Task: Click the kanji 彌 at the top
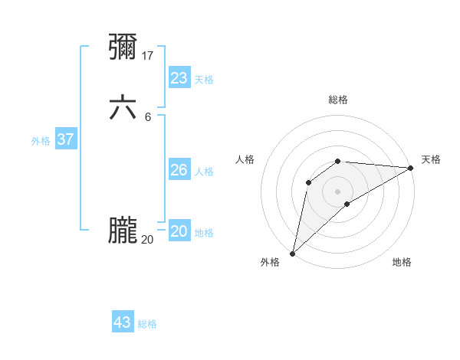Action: tap(123, 47)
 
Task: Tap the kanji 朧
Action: tap(123, 231)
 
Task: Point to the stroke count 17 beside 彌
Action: tap(148, 55)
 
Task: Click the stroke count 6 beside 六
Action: tap(148, 116)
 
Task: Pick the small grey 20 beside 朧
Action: tap(147, 239)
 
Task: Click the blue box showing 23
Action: tap(179, 78)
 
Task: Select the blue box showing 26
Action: tap(179, 170)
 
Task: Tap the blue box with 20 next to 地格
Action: tap(179, 231)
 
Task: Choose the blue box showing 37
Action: tap(66, 139)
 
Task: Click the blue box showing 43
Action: tap(123, 322)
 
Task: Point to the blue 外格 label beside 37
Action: tap(41, 141)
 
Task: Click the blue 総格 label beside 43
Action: tap(147, 324)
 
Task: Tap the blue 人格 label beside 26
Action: tap(205, 172)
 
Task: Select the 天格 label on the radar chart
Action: tap(431, 159)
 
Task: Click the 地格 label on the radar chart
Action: tap(402, 262)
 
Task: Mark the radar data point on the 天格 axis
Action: tap(410, 168)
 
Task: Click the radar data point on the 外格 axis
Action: tap(292, 253)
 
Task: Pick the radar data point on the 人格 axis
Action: tap(308, 182)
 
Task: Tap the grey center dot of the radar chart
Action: tap(338, 191)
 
